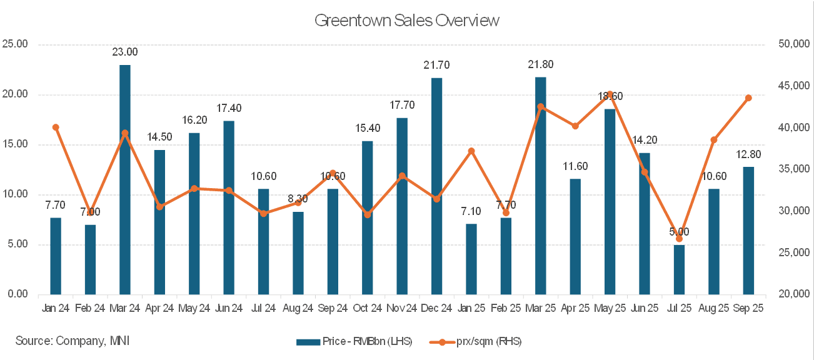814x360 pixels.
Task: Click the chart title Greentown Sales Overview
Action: pyautogui.click(x=407, y=21)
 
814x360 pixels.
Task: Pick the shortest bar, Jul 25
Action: pyautogui.click(x=679, y=269)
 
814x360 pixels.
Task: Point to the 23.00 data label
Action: pyautogui.click(x=125, y=52)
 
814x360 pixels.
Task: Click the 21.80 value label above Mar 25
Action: pyautogui.click(x=540, y=65)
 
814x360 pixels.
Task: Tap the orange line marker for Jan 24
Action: pyautogui.click(x=56, y=127)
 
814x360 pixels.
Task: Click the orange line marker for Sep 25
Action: pyautogui.click(x=748, y=98)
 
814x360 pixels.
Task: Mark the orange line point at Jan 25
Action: pyautogui.click(x=471, y=151)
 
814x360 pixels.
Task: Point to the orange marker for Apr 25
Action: pyautogui.click(x=575, y=126)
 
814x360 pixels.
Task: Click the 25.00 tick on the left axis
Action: pyautogui.click(x=15, y=45)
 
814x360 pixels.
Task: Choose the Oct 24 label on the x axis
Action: pyautogui.click(x=368, y=308)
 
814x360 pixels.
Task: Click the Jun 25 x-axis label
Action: pyautogui.click(x=645, y=308)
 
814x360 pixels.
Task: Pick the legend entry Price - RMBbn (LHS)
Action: pyautogui.click(x=354, y=341)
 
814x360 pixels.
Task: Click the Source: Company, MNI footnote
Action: pyautogui.click(x=73, y=341)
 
